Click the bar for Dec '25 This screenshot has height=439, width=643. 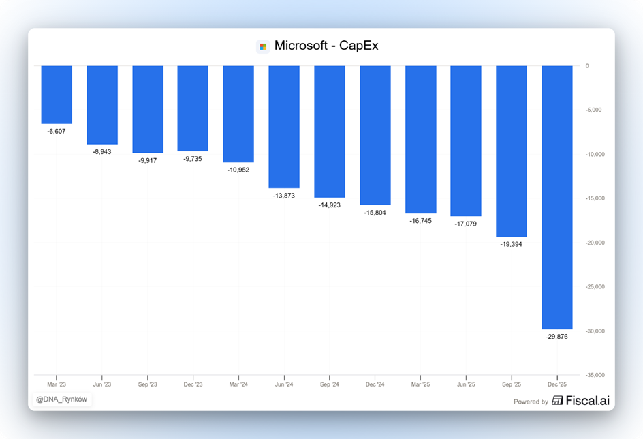(x=556, y=197)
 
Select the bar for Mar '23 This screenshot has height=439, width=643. (x=57, y=95)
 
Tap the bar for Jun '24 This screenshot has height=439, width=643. (x=284, y=127)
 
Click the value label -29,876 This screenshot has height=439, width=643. (x=556, y=337)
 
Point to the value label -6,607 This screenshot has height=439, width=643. (x=57, y=131)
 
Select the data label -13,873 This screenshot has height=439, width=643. (x=284, y=196)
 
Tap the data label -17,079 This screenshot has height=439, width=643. (x=465, y=224)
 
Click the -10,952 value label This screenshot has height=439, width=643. (x=238, y=170)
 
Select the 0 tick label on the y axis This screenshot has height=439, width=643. (x=586, y=66)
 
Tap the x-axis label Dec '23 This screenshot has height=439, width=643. (x=193, y=384)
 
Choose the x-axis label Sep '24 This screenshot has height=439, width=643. (x=329, y=384)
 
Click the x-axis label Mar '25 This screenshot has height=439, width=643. (x=420, y=384)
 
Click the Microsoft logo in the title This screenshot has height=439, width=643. (x=263, y=46)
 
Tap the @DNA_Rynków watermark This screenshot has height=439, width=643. (x=61, y=399)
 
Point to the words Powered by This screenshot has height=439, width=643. (x=531, y=402)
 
